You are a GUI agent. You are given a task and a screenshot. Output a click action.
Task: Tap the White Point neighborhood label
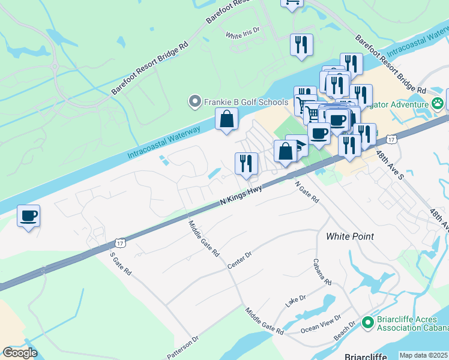point(350,236)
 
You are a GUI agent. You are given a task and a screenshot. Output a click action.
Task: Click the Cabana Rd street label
point(322,272)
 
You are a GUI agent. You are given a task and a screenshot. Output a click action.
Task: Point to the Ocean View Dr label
point(321,325)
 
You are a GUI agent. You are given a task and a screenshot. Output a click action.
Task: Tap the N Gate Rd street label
point(306,193)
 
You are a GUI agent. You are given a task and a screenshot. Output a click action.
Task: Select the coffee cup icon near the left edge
point(28,215)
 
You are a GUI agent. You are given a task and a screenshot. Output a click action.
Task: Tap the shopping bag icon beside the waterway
point(227,119)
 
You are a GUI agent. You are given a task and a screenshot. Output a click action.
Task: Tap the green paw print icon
point(439,102)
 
